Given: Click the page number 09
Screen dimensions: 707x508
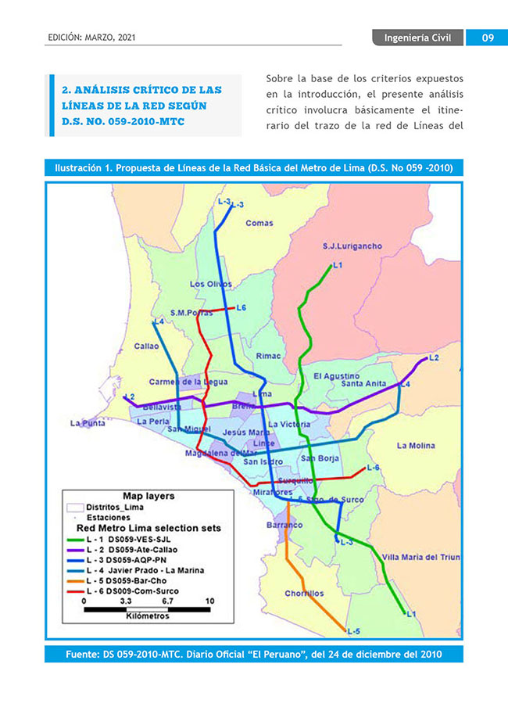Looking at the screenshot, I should click(486, 38).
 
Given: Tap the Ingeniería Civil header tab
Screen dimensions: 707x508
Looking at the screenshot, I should click(417, 38).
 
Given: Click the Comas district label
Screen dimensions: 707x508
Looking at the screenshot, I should click(259, 223).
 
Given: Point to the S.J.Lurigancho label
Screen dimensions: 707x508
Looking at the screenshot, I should click(352, 246).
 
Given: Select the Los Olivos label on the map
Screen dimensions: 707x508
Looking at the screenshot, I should click(211, 284).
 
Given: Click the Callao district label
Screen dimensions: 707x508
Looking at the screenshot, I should click(146, 345).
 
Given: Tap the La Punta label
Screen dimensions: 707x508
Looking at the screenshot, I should click(87, 423).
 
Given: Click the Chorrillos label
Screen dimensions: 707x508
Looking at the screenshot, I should click(304, 594).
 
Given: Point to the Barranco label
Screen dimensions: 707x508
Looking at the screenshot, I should click(284, 526).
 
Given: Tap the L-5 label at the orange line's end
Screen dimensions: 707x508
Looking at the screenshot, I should click(352, 631).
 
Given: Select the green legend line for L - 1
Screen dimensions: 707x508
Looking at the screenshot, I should click(75, 540).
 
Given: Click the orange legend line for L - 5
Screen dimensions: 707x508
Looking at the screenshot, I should click(75, 581).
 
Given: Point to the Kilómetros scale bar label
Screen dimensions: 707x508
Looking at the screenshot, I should click(147, 616).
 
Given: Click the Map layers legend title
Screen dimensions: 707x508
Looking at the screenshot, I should click(148, 495).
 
